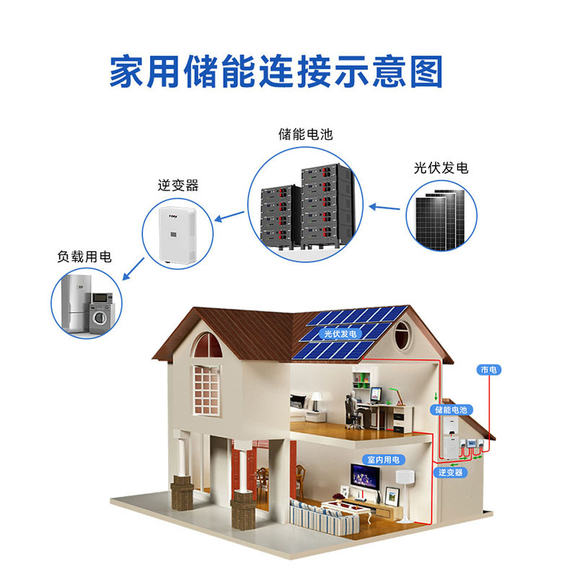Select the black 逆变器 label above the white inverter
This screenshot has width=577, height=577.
pyautogui.click(x=178, y=185)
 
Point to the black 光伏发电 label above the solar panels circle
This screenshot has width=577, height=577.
pyautogui.click(x=441, y=168)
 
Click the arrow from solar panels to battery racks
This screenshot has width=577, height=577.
pyautogui.click(x=384, y=208)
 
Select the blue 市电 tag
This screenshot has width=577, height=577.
pyautogui.click(x=488, y=369)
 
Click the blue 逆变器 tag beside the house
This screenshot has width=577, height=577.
pyautogui.click(x=450, y=472)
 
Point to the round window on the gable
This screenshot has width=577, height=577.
pyautogui.click(x=402, y=335)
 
